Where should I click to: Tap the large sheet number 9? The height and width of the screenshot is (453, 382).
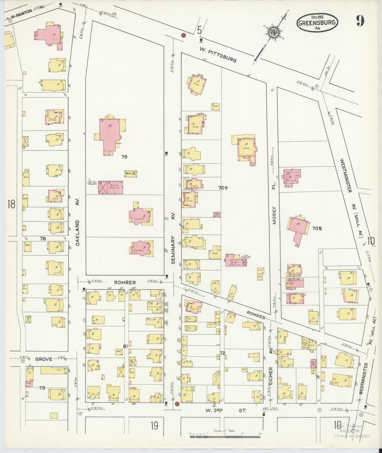coord(360,21)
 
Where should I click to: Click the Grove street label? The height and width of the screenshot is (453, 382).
coord(43,359)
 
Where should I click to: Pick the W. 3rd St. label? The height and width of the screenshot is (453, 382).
coord(226,411)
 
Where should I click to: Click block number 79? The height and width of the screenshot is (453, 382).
coord(124,157)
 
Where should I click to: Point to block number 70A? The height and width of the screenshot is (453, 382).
coord(223,188)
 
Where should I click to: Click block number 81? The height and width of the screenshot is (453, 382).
coord(125,346)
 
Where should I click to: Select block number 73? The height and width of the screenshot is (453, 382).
coord(42,388)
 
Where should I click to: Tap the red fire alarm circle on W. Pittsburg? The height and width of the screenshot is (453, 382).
coord(183,35)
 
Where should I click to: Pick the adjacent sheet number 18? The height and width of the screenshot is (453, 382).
coord(11,204)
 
